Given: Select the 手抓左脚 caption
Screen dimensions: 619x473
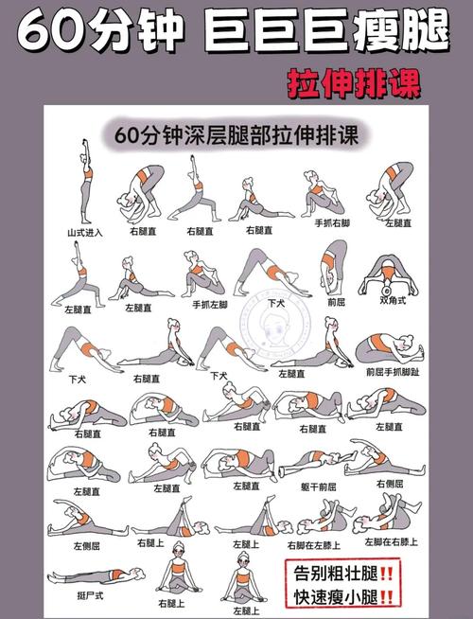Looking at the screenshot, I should point(210,304).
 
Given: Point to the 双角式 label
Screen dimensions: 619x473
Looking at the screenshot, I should point(392,301).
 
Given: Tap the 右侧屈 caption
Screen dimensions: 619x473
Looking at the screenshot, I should point(389,483).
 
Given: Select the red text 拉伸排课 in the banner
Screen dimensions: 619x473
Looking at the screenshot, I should point(355,83).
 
